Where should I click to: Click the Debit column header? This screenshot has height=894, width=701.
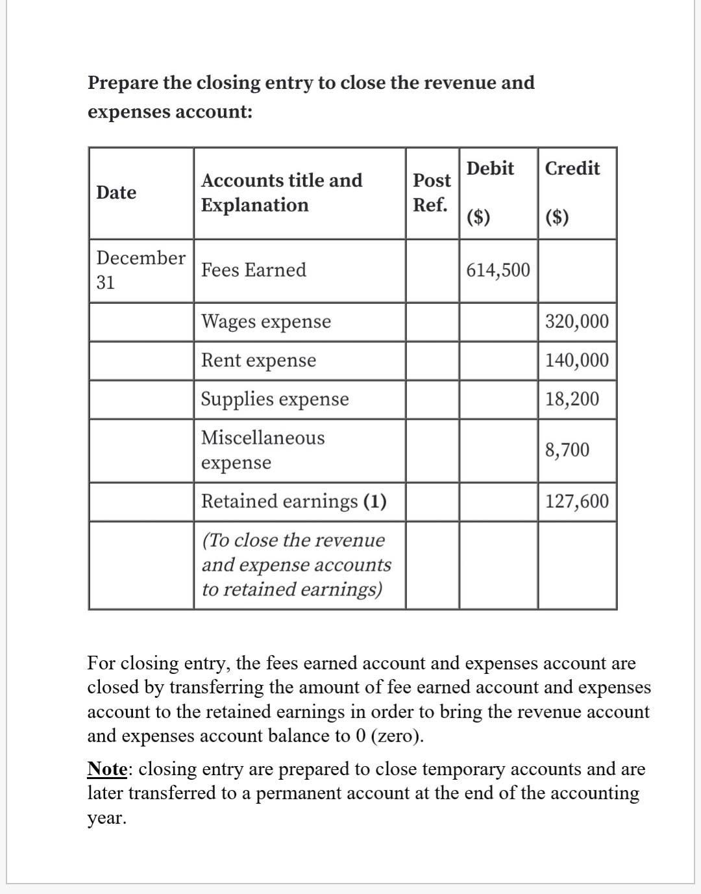tap(490, 169)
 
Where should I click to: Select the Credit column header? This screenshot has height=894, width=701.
tap(572, 169)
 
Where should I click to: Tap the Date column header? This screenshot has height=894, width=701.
tap(116, 193)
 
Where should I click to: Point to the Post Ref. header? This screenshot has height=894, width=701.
tap(432, 192)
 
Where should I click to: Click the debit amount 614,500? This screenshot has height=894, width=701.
tap(498, 270)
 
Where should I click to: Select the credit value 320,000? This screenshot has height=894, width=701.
tap(576, 321)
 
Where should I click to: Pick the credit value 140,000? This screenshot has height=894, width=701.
tap(576, 360)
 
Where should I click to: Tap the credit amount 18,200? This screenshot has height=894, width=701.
tap(572, 399)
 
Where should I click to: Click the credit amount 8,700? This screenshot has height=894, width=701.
tap(567, 450)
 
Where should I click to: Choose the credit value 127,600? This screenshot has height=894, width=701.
tap(576, 501)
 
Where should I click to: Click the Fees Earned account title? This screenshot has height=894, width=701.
tap(253, 270)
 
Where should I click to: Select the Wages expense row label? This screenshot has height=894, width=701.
tap(265, 321)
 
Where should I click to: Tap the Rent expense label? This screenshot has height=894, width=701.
tap(258, 360)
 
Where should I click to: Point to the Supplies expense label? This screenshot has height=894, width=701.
tap(275, 399)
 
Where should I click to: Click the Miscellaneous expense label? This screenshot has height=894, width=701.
tap(262, 450)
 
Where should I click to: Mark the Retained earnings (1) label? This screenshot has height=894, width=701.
tap(293, 501)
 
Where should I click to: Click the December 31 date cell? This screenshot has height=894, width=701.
tap(140, 269)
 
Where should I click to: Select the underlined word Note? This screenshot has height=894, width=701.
tap(107, 769)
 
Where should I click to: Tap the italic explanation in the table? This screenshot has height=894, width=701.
tap(296, 565)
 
